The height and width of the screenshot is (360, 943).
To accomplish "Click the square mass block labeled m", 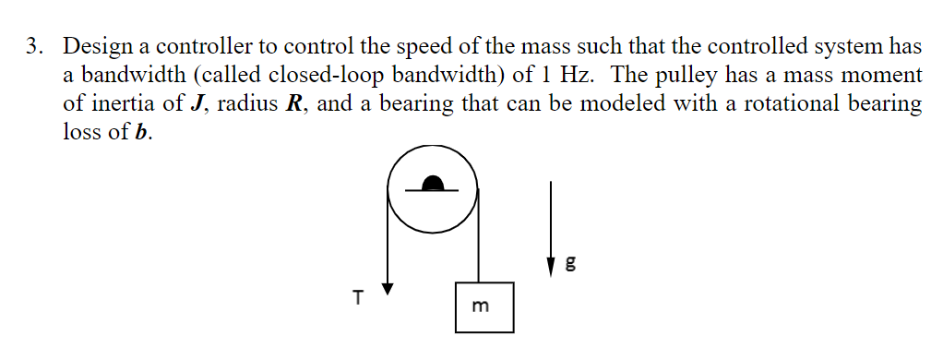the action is coord(483,307).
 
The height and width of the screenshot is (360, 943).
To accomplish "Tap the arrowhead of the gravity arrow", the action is coord(552,267).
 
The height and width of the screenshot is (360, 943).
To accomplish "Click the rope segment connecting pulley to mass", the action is coord(477,245).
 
